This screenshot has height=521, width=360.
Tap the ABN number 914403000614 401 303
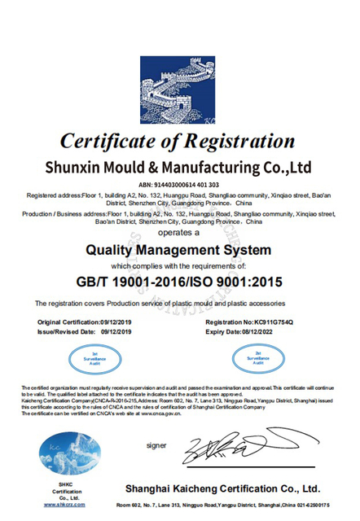click(180, 186)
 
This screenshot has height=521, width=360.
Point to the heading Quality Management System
click(179, 249)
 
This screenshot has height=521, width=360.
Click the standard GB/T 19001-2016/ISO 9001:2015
click(179, 282)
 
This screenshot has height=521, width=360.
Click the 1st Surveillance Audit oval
click(86, 357)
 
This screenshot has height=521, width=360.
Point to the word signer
click(156, 445)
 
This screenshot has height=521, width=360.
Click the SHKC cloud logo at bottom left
click(61, 449)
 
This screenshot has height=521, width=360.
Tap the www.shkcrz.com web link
click(61, 506)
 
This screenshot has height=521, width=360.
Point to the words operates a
click(179, 232)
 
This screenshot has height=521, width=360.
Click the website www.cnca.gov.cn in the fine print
click(162, 414)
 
